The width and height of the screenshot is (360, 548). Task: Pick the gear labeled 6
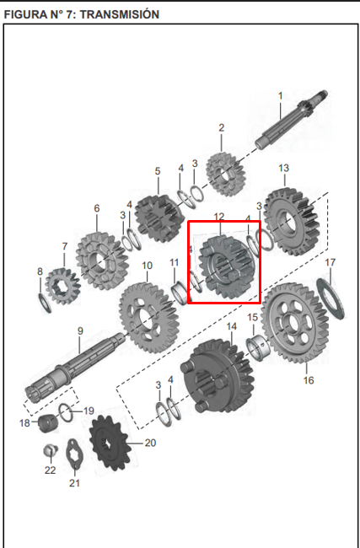pyautogui.click(x=100, y=257)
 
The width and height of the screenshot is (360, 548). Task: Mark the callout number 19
pyautogui.click(x=89, y=411)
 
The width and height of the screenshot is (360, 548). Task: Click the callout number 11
pyautogui.click(x=175, y=263)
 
